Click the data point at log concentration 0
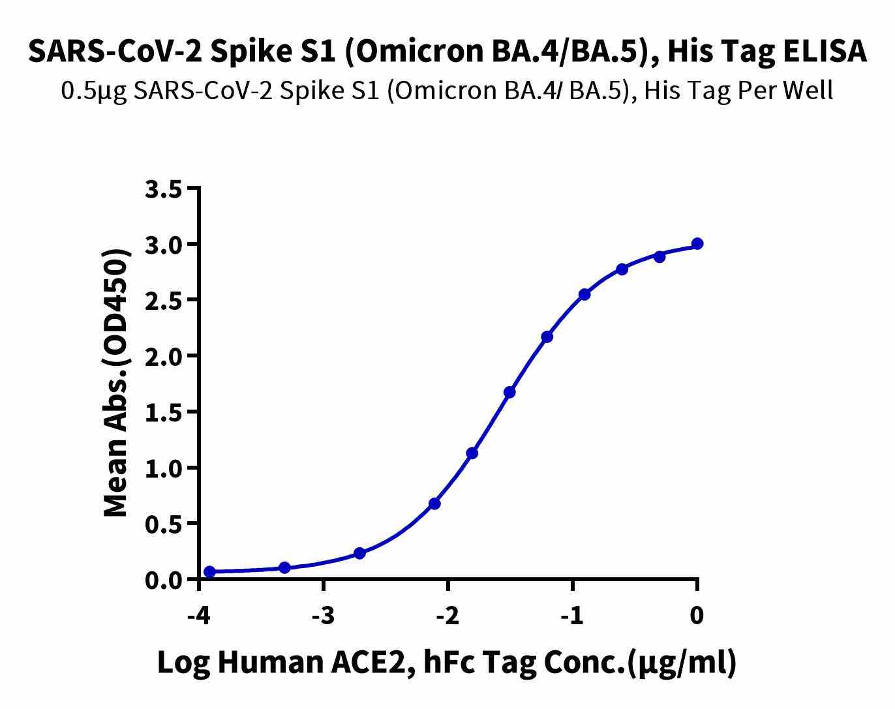(x=697, y=244)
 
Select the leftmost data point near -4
(x=209, y=572)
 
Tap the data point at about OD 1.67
(x=509, y=393)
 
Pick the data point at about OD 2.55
(x=584, y=295)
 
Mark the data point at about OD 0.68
(x=435, y=504)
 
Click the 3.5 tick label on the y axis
(x=162, y=189)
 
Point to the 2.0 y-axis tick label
(x=162, y=356)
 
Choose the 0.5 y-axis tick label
(x=162, y=524)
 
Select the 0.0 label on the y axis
(x=162, y=579)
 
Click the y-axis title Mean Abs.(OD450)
(x=116, y=384)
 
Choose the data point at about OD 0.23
(x=359, y=554)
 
